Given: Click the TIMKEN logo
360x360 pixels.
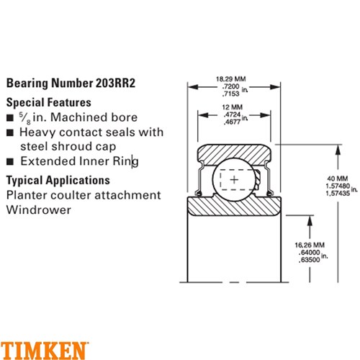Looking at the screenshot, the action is coord(44,351).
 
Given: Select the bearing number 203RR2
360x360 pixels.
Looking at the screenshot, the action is coord(116,83).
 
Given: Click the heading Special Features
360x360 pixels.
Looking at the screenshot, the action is coord(49,102).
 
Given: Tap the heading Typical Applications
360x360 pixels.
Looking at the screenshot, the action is coord(58,180).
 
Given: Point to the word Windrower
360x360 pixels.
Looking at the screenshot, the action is coord(39,210).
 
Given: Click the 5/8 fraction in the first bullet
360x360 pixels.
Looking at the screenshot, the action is coord(25,118).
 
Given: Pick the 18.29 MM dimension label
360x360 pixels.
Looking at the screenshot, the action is coord(231,78).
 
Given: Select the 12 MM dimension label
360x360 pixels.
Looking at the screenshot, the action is coord(233,107).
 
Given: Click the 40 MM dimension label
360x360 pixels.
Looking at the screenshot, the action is coord(338,179).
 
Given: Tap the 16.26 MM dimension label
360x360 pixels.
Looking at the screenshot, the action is coord(310,245).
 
